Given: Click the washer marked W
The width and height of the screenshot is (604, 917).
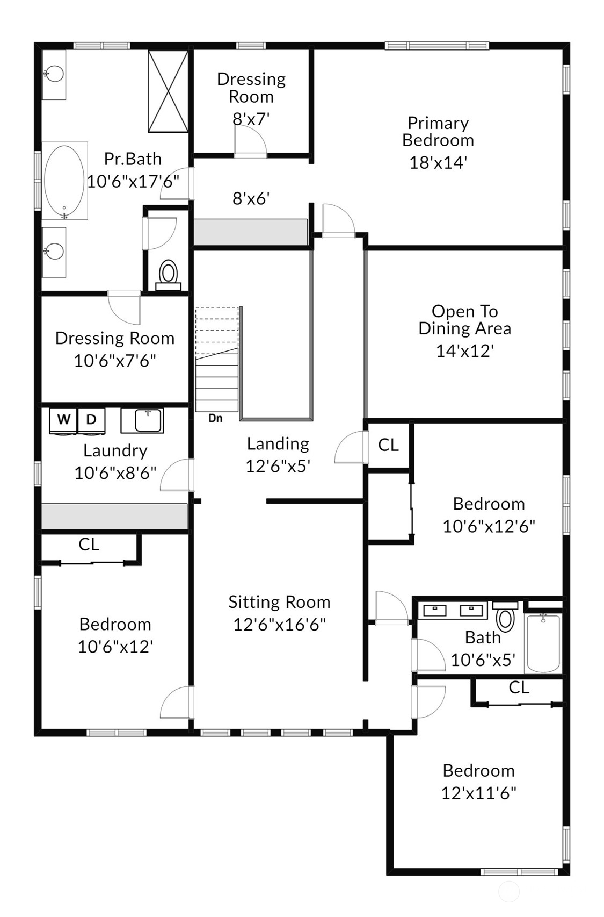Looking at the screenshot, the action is coord(63,420).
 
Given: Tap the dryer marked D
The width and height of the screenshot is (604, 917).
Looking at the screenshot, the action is coord(91,420).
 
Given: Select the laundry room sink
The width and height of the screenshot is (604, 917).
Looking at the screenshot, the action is coord(142,420).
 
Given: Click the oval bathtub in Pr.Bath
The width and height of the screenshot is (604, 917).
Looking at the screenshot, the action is coord(64,181).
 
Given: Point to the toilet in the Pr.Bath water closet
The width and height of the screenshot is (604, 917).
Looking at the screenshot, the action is coord(168,274).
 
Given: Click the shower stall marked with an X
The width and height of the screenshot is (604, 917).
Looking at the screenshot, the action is coord(168,91).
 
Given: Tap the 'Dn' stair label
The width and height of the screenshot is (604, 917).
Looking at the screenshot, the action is coord(215,418).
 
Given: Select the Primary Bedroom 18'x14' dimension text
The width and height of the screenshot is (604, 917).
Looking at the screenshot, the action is coord(438,163).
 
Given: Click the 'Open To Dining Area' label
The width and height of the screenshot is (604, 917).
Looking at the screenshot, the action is coord(464,320).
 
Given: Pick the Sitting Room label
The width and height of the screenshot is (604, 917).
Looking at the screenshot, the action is coord(279,602).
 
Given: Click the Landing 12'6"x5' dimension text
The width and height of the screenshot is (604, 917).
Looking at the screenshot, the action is coord(278,466).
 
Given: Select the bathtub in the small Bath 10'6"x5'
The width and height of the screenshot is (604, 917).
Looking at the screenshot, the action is coord(543,643).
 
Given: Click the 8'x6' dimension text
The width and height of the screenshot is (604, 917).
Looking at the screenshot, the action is coord(251,198).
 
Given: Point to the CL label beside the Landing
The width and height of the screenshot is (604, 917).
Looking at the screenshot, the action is coord(388,445).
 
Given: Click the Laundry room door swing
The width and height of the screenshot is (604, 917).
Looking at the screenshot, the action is coord(177,475).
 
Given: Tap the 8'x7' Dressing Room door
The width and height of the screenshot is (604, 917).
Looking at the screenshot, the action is coord(250,141).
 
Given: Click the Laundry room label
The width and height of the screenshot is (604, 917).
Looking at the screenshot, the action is coord(115,450).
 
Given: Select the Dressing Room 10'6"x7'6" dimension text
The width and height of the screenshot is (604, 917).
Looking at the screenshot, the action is coord(115,361).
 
